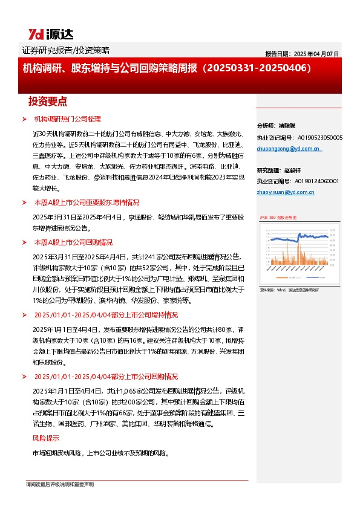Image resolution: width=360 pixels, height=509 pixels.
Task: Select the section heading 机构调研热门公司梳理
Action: click(x=67, y=118)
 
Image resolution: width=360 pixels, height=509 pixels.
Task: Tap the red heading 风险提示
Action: click(x=45, y=438)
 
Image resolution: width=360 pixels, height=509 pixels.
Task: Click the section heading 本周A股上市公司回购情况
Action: click(x=73, y=242)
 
